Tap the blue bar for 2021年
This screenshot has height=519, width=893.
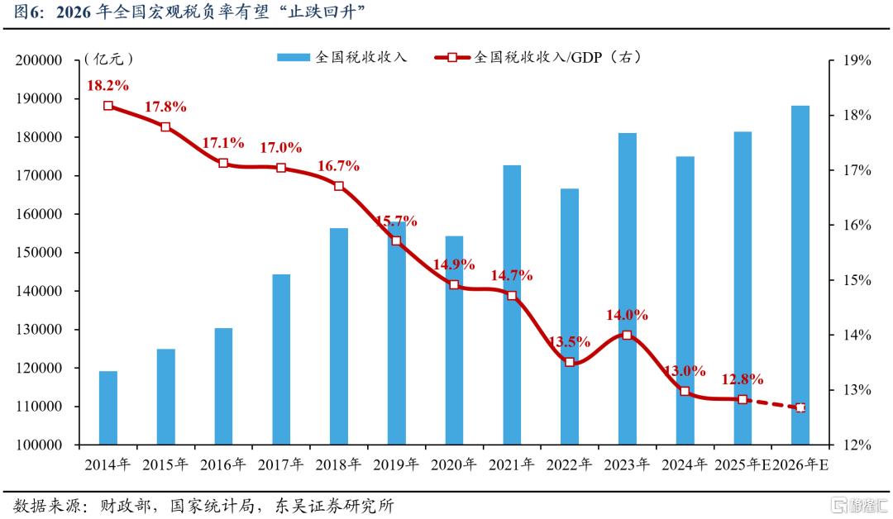(x=512, y=305)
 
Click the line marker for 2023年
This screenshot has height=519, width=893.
(x=627, y=336)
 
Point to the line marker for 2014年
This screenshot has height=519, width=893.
(x=108, y=106)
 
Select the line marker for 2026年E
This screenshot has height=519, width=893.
(x=800, y=407)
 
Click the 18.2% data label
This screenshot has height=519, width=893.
(x=107, y=85)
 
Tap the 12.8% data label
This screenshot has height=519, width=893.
(x=743, y=379)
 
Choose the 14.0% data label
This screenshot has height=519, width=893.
(x=627, y=315)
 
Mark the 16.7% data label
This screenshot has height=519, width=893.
(x=339, y=165)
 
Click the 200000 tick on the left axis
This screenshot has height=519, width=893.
(x=41, y=61)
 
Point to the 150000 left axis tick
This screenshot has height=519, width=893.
(x=41, y=253)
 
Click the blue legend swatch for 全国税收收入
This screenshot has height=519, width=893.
(x=293, y=57)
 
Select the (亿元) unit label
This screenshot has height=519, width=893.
(x=108, y=59)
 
